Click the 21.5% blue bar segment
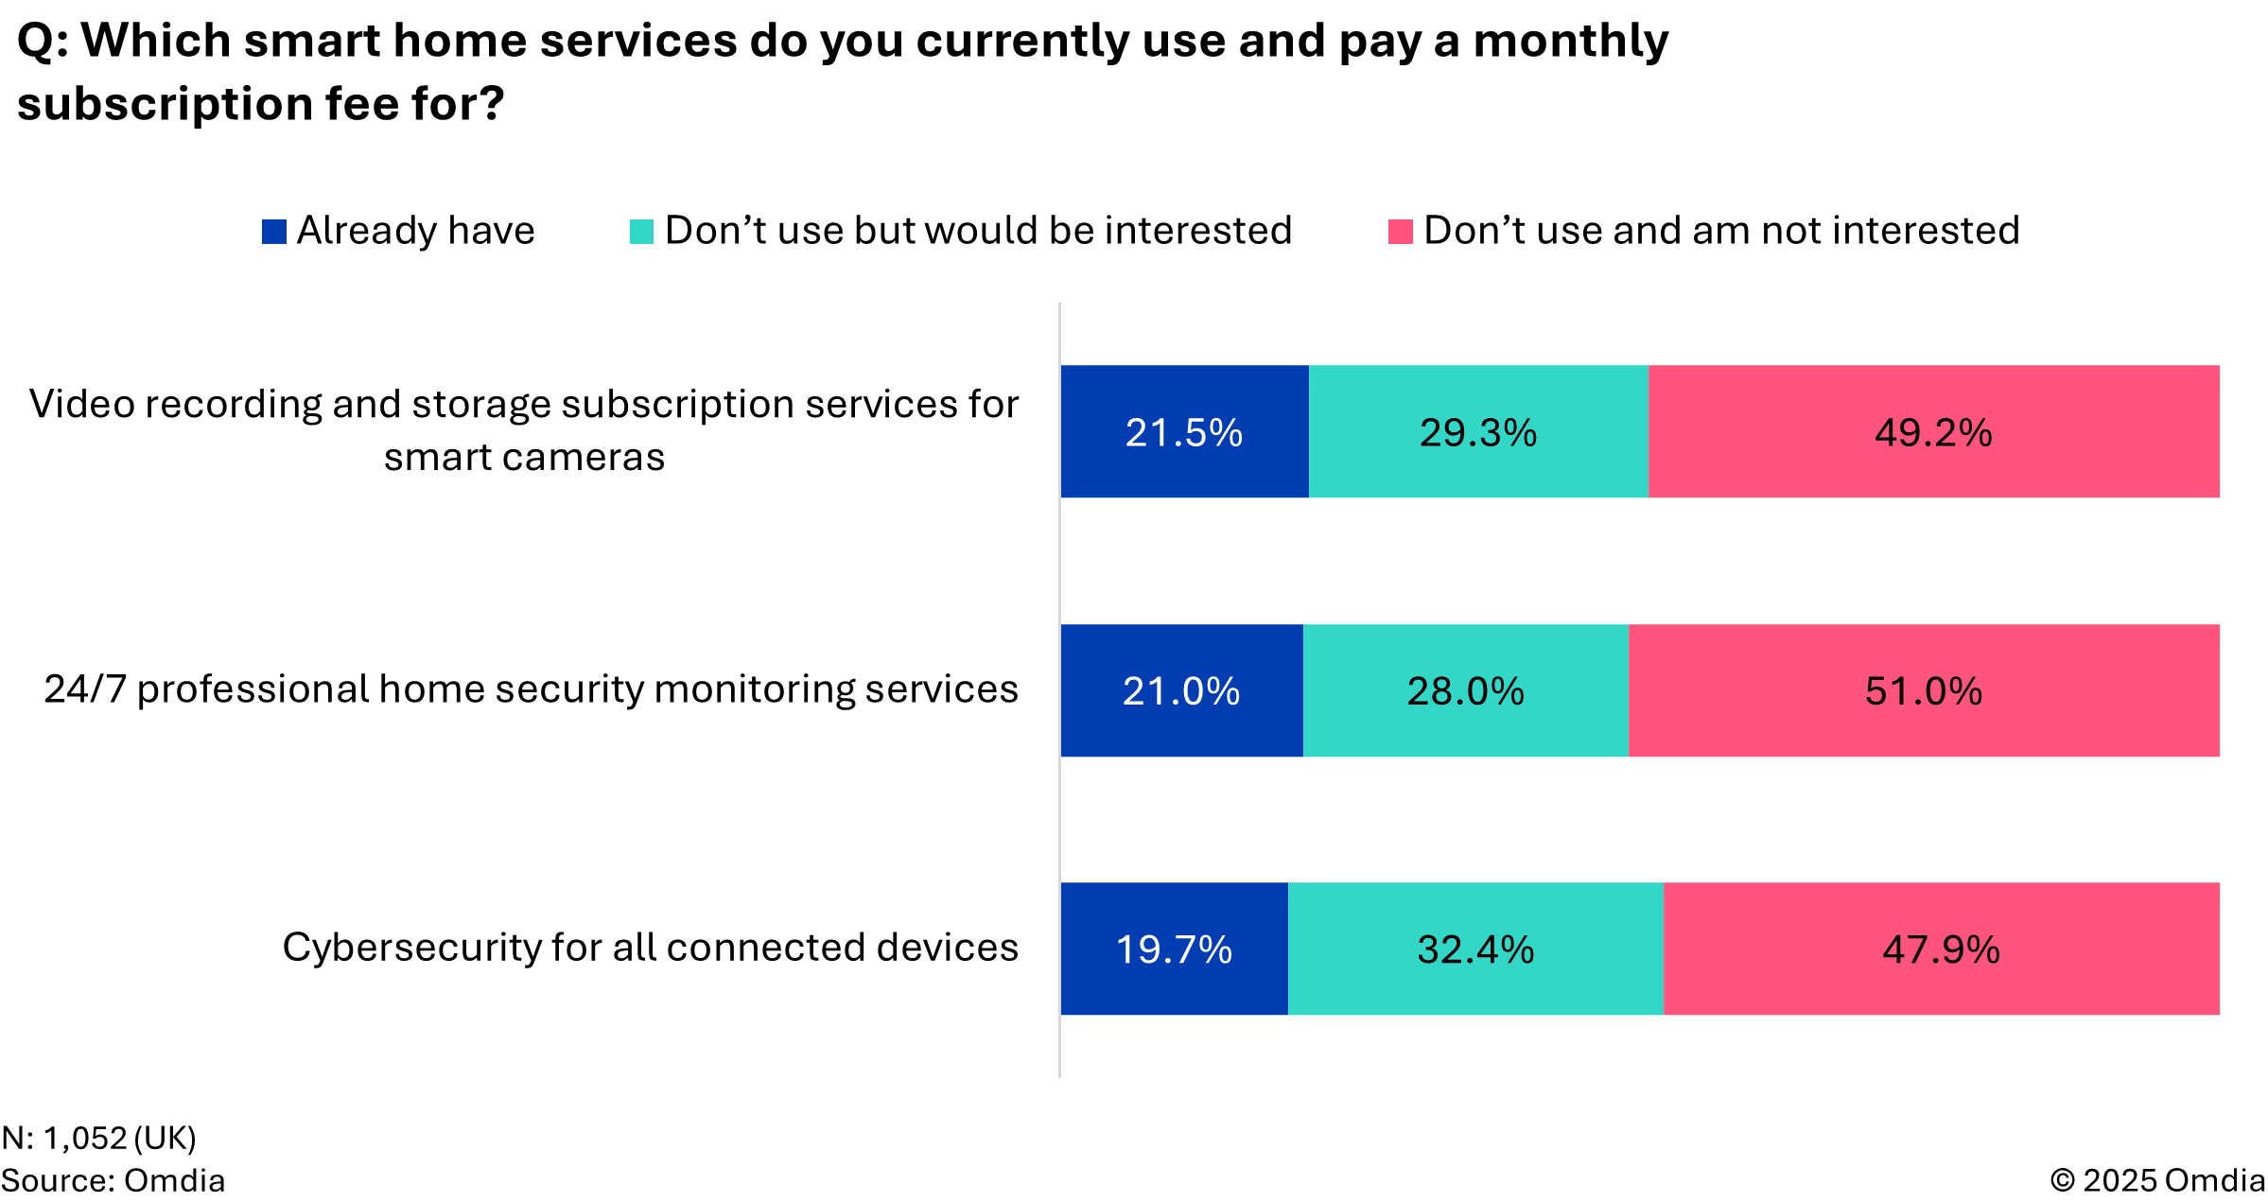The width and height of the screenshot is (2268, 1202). (1184, 431)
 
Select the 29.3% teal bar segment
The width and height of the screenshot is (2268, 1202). (1478, 431)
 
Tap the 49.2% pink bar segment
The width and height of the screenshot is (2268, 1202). (1933, 431)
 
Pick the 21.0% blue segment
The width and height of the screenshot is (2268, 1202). (1181, 690)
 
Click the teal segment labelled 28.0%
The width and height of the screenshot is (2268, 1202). (1465, 690)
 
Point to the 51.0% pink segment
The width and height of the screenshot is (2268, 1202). (1923, 690)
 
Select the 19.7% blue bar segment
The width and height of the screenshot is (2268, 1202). (1174, 949)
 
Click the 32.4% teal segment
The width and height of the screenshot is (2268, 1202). (1475, 949)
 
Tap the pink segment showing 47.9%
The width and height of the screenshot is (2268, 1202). (1941, 949)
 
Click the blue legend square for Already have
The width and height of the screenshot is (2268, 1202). (274, 232)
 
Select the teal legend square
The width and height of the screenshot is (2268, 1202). (641, 232)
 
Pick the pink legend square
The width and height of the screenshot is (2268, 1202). (1400, 232)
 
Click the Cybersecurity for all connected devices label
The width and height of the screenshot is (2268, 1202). (650, 947)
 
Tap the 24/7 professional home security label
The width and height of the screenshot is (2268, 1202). (531, 688)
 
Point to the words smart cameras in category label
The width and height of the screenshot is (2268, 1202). (524, 457)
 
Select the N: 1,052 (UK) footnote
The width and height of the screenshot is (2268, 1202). (98, 1138)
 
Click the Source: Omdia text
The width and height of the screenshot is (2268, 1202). (113, 1180)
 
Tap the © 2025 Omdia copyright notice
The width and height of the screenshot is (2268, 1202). (2156, 1180)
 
